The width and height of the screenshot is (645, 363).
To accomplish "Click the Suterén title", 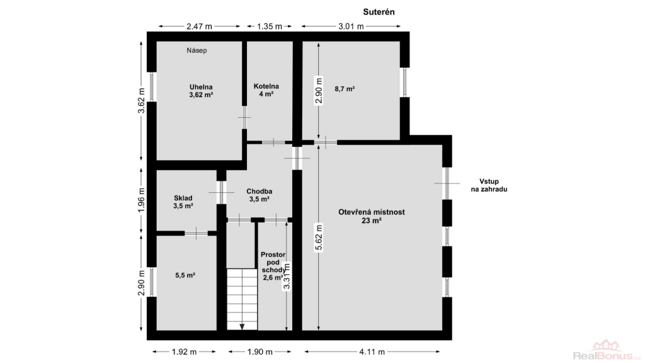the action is point(379,12).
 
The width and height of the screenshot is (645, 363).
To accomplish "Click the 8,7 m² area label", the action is point(345,88).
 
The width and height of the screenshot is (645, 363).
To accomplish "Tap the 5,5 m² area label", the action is point(185,275).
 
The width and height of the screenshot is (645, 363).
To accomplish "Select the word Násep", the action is point(197,50).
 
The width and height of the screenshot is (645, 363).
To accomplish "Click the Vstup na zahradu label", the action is point(489,185).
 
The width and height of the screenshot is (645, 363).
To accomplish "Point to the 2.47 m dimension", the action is point(199,26).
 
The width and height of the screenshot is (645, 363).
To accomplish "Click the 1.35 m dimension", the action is point(270,26).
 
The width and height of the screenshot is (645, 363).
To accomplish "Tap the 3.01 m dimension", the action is point(351,26).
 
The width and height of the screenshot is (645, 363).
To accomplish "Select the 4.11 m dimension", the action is point(372,352).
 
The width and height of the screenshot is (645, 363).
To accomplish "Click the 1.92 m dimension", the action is point(184,352).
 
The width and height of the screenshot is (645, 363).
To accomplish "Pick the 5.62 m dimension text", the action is point(318,238).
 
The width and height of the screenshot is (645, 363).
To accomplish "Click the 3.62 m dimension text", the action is point(142,100).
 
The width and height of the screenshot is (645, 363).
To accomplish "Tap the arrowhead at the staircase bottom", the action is point(242,327).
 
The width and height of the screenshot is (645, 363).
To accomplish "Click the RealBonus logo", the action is point(607,350).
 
